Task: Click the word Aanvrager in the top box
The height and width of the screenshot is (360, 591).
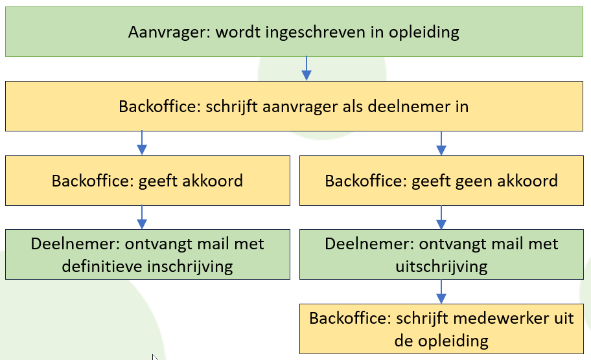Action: pos(169,32)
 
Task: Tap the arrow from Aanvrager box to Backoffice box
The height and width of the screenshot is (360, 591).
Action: pos(307,68)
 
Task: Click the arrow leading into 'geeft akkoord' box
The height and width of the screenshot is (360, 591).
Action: pos(142,142)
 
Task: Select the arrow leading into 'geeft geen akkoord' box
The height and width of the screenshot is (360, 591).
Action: pos(441,142)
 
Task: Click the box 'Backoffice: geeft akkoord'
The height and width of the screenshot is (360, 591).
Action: pos(148,181)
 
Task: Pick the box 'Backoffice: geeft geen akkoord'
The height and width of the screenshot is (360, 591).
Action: pos(441,181)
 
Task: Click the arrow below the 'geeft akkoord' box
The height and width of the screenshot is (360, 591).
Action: pos(142,218)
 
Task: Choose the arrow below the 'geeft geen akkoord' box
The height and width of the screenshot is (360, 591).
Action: pos(441,218)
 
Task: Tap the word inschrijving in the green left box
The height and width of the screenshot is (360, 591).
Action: pos(190,267)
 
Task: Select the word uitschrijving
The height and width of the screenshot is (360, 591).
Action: pos(441,267)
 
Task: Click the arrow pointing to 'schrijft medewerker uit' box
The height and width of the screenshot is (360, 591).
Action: pos(441,291)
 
